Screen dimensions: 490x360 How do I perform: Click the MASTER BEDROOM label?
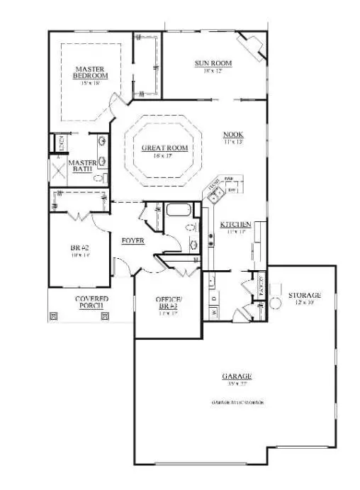click(91, 72)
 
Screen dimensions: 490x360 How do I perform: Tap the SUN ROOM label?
click(213, 63)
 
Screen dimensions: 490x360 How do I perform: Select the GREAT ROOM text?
click(164, 147)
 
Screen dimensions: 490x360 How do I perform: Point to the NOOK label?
click(232, 135)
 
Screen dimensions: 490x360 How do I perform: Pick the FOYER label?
click(133, 240)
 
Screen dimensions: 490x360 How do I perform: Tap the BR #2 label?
click(79, 247)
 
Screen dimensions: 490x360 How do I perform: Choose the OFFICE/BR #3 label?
click(168, 303)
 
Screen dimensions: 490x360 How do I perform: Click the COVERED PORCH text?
click(91, 304)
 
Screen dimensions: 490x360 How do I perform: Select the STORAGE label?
click(304, 295)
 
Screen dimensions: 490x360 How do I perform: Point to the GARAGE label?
click(236, 377)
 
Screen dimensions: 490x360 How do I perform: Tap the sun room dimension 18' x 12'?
click(213, 72)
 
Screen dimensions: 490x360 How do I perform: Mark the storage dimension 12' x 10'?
click(304, 304)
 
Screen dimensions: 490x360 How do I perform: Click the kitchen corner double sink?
click(215, 189)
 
